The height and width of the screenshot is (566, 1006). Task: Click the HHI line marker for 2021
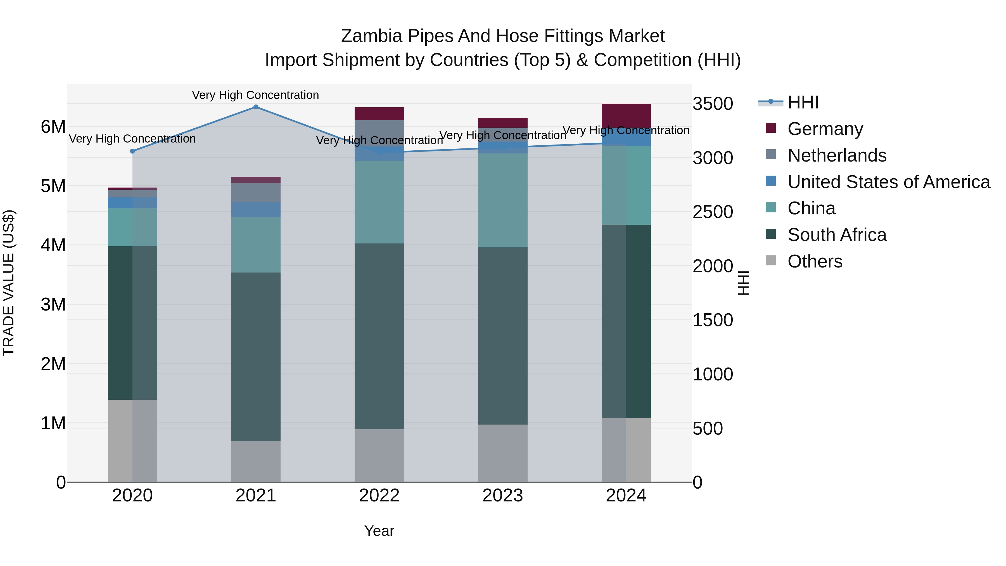tap(256, 107)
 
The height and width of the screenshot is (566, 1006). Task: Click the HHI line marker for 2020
tap(132, 151)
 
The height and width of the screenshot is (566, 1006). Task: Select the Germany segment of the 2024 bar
tap(626, 116)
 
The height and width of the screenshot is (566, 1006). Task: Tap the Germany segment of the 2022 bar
tap(379, 114)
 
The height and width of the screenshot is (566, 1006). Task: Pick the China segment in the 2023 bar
tap(503, 200)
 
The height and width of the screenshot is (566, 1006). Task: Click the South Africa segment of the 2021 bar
tap(256, 357)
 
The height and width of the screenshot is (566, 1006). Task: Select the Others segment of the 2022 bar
tap(379, 456)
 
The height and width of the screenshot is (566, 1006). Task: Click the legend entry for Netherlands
tap(837, 155)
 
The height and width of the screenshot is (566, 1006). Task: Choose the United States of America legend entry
tap(888, 182)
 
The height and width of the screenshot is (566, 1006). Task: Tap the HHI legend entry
tap(803, 102)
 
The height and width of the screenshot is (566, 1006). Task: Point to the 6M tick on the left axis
tap(53, 127)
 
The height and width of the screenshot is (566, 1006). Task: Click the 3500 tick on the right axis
tap(713, 104)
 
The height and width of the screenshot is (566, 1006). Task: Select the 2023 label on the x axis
tap(503, 496)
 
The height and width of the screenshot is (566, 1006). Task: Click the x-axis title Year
tap(379, 531)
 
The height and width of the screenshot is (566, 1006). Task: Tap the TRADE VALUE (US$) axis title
tap(9, 283)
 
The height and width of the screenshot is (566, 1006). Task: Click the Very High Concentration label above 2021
tap(255, 95)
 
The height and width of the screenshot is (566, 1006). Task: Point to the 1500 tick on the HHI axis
tap(713, 320)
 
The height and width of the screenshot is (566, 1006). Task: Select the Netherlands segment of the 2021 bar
tap(256, 192)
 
